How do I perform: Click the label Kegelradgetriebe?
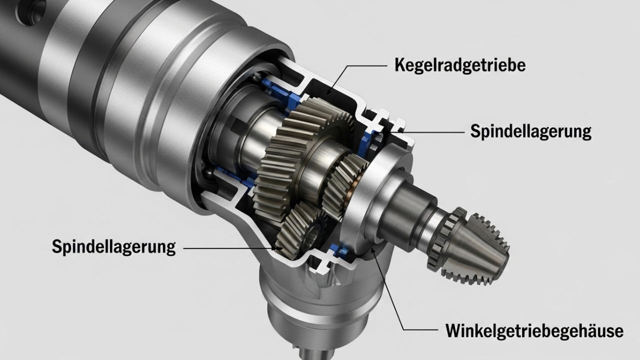click(x=459, y=65)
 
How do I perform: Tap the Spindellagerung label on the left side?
click(x=113, y=246)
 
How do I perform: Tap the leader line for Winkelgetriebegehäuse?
click(x=395, y=300)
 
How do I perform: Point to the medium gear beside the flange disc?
click(x=345, y=185)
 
